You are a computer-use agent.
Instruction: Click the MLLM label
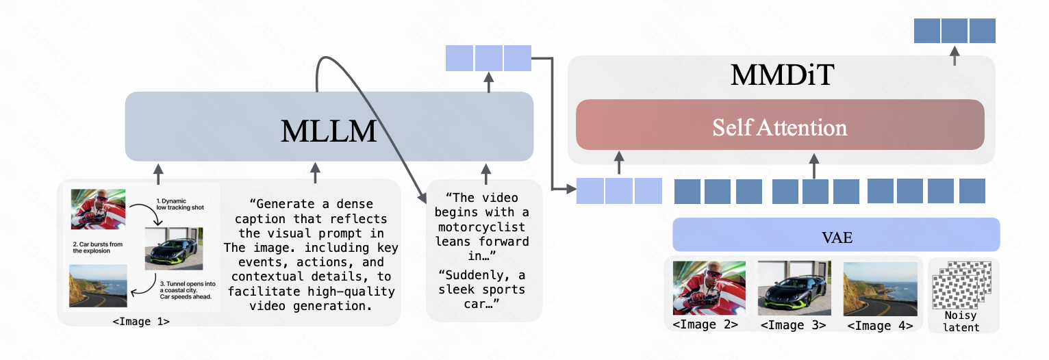click(x=329, y=131)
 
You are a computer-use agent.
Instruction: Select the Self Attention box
click(x=780, y=128)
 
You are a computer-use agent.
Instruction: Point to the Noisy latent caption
click(x=962, y=322)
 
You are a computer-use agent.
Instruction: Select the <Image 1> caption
click(x=141, y=320)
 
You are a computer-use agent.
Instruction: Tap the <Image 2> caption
click(x=705, y=325)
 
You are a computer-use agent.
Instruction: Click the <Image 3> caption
click(x=793, y=325)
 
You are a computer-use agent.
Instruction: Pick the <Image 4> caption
click(x=879, y=325)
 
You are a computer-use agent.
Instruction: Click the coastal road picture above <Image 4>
click(x=879, y=288)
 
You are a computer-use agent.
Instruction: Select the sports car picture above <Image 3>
click(x=794, y=288)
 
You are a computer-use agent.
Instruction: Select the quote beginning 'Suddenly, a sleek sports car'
click(x=483, y=290)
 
